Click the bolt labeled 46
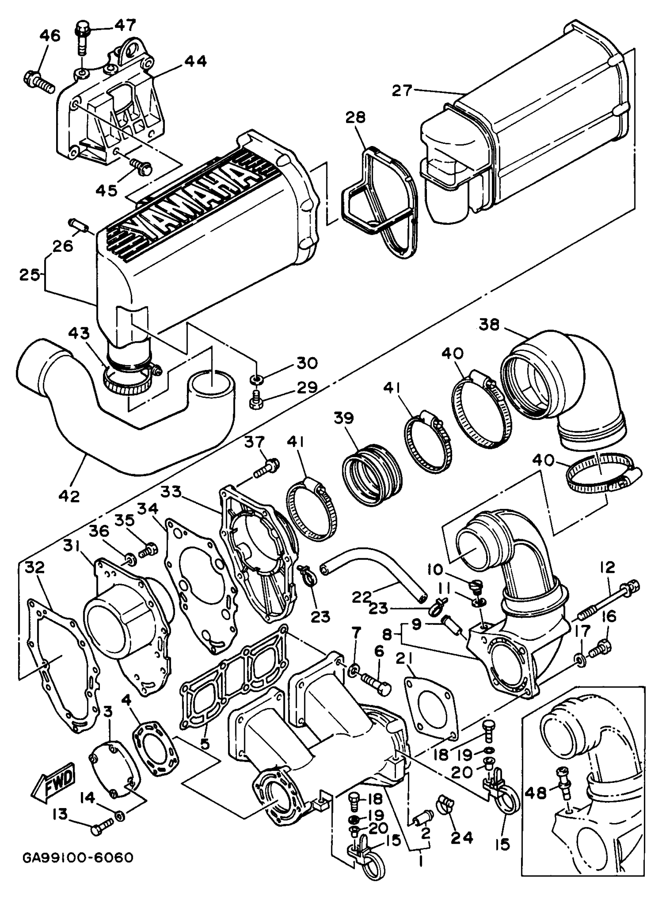tap(39, 83)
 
